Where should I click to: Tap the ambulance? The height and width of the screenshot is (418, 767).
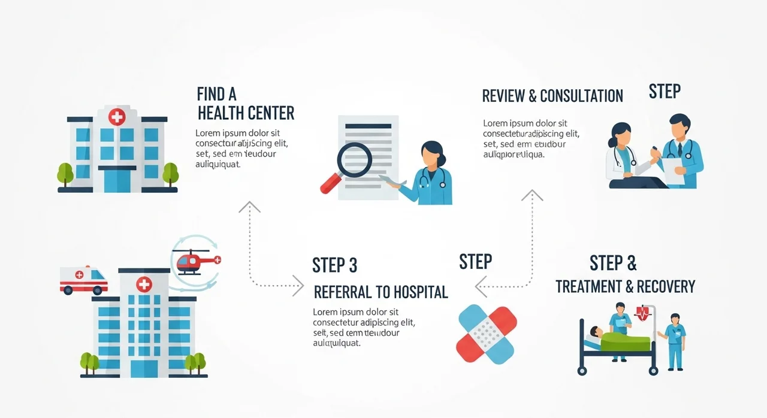click(x=83, y=280)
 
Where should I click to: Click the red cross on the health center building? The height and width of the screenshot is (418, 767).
click(x=117, y=117)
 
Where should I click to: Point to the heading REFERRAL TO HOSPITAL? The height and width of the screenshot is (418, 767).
click(x=381, y=292)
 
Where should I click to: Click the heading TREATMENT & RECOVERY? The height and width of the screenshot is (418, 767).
click(x=625, y=286)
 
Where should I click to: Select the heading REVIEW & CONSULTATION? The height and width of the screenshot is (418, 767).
click(x=552, y=96)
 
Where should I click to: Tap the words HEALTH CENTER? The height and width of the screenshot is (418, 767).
click(x=246, y=113)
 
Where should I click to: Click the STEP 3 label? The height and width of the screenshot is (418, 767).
click(x=335, y=265)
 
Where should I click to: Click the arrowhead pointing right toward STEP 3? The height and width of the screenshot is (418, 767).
click(x=298, y=286)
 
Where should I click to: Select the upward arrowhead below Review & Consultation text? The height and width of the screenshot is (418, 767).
click(x=532, y=195)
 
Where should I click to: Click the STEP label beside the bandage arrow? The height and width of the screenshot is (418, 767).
click(x=475, y=262)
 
